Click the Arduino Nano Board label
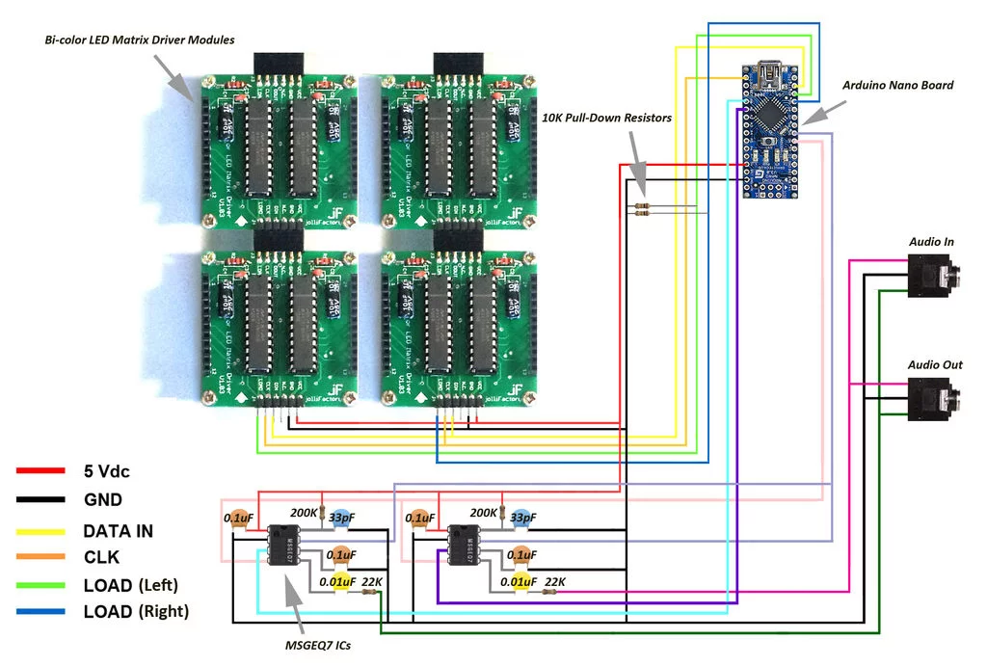pos(897,86)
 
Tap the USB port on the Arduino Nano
pos(771,73)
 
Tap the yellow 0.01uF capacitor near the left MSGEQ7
pos(340,582)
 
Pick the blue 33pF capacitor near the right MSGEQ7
pos(521,518)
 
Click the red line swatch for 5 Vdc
pos(41,471)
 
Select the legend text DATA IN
pos(118,531)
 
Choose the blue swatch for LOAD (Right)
pos(41,611)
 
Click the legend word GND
pos(102,500)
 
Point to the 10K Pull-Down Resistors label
pos(606,118)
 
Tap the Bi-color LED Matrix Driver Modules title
pos(140,40)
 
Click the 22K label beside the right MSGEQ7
pos(554,581)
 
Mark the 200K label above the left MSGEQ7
pos(303,514)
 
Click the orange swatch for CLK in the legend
pos(41,557)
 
